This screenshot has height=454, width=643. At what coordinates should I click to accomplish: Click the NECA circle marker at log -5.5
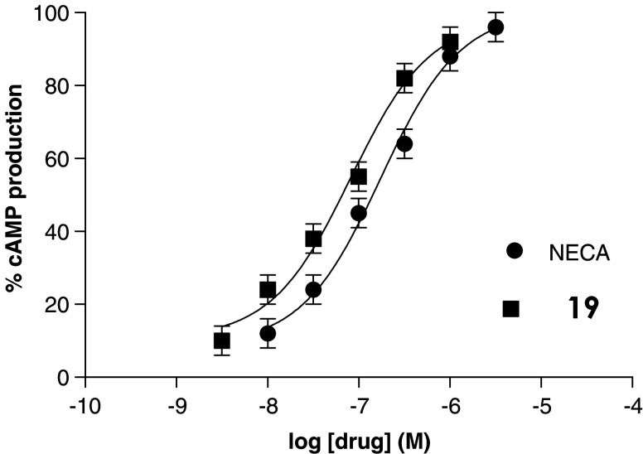pyautogui.click(x=496, y=27)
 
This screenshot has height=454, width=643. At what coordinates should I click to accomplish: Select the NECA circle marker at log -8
pyautogui.click(x=268, y=333)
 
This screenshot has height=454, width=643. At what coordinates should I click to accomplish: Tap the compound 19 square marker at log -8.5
pyautogui.click(x=221, y=340)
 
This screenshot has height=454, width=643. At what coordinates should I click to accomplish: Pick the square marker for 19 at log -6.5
pyautogui.click(x=404, y=78)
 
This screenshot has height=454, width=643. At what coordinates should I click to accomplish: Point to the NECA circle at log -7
pyautogui.click(x=359, y=213)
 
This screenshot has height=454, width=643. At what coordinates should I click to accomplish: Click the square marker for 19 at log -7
pyautogui.click(x=359, y=176)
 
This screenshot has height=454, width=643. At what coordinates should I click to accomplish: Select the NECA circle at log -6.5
pyautogui.click(x=404, y=144)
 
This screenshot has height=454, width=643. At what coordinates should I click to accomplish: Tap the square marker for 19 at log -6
pyautogui.click(x=450, y=41)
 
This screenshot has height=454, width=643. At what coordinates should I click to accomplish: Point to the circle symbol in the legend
pyautogui.click(x=514, y=251)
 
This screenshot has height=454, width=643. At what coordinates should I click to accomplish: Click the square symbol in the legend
pyautogui.click(x=510, y=308)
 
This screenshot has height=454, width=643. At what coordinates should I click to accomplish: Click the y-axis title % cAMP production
pyautogui.click(x=14, y=195)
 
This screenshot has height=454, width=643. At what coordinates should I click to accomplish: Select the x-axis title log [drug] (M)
pyautogui.click(x=358, y=437)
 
